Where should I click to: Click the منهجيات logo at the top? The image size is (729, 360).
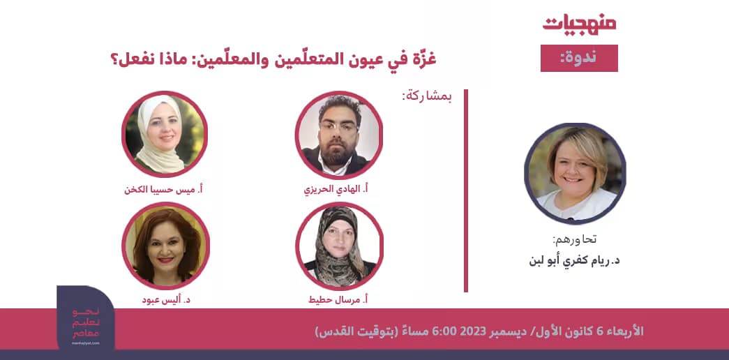(579, 23)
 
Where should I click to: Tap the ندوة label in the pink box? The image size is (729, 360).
(578, 58)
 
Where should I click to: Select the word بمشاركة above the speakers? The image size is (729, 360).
(426, 97)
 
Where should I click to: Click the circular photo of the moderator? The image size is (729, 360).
(575, 173)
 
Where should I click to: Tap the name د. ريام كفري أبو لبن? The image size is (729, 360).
(576, 261)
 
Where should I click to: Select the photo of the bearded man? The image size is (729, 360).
(339, 135)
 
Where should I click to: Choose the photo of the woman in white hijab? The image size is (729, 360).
(165, 134)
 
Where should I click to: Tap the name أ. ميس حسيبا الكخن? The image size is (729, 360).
(165, 189)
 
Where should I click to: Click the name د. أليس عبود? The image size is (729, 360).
(165, 299)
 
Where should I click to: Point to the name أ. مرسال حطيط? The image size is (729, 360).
(338, 299)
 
